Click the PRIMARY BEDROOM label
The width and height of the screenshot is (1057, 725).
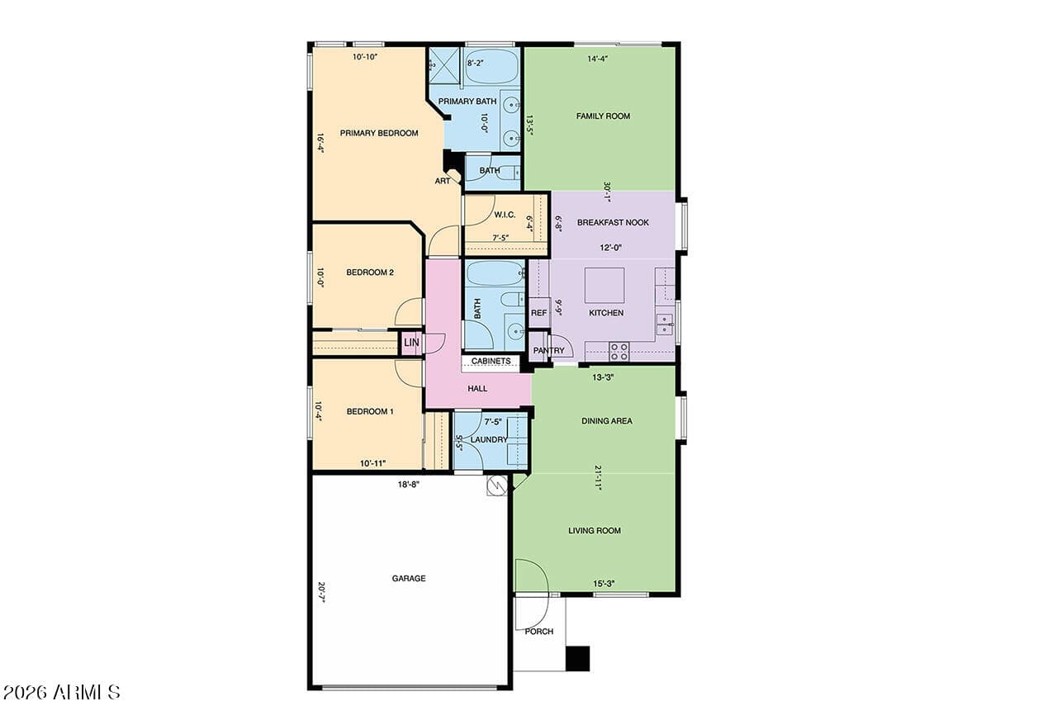click(x=379, y=133)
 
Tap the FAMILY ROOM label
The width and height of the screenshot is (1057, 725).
click(x=603, y=116)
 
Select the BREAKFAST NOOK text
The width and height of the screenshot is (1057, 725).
click(x=613, y=222)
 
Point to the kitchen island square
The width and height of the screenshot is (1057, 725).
click(x=604, y=285)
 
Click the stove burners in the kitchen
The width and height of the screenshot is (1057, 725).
click(x=619, y=352)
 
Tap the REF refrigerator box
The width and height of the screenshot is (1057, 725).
click(x=539, y=312)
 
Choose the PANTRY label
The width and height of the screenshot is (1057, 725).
click(x=549, y=350)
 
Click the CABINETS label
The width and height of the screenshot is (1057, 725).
click(x=491, y=361)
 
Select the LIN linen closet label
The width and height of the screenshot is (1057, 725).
click(x=411, y=342)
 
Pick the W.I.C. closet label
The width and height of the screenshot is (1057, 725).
click(x=505, y=215)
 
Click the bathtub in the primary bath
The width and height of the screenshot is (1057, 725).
click(x=491, y=65)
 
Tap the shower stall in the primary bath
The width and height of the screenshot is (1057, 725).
click(x=443, y=65)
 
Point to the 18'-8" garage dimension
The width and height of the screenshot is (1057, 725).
click(x=408, y=484)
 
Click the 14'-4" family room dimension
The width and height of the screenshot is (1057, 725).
click(x=597, y=59)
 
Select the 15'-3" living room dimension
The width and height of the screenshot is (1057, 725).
click(x=604, y=584)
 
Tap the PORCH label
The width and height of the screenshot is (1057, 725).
click(x=539, y=632)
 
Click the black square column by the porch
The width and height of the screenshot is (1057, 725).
click(x=577, y=658)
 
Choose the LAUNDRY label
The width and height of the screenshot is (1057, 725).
click(x=489, y=439)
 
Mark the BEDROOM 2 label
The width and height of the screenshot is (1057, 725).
click(x=370, y=272)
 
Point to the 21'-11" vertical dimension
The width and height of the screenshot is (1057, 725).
click(x=598, y=478)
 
